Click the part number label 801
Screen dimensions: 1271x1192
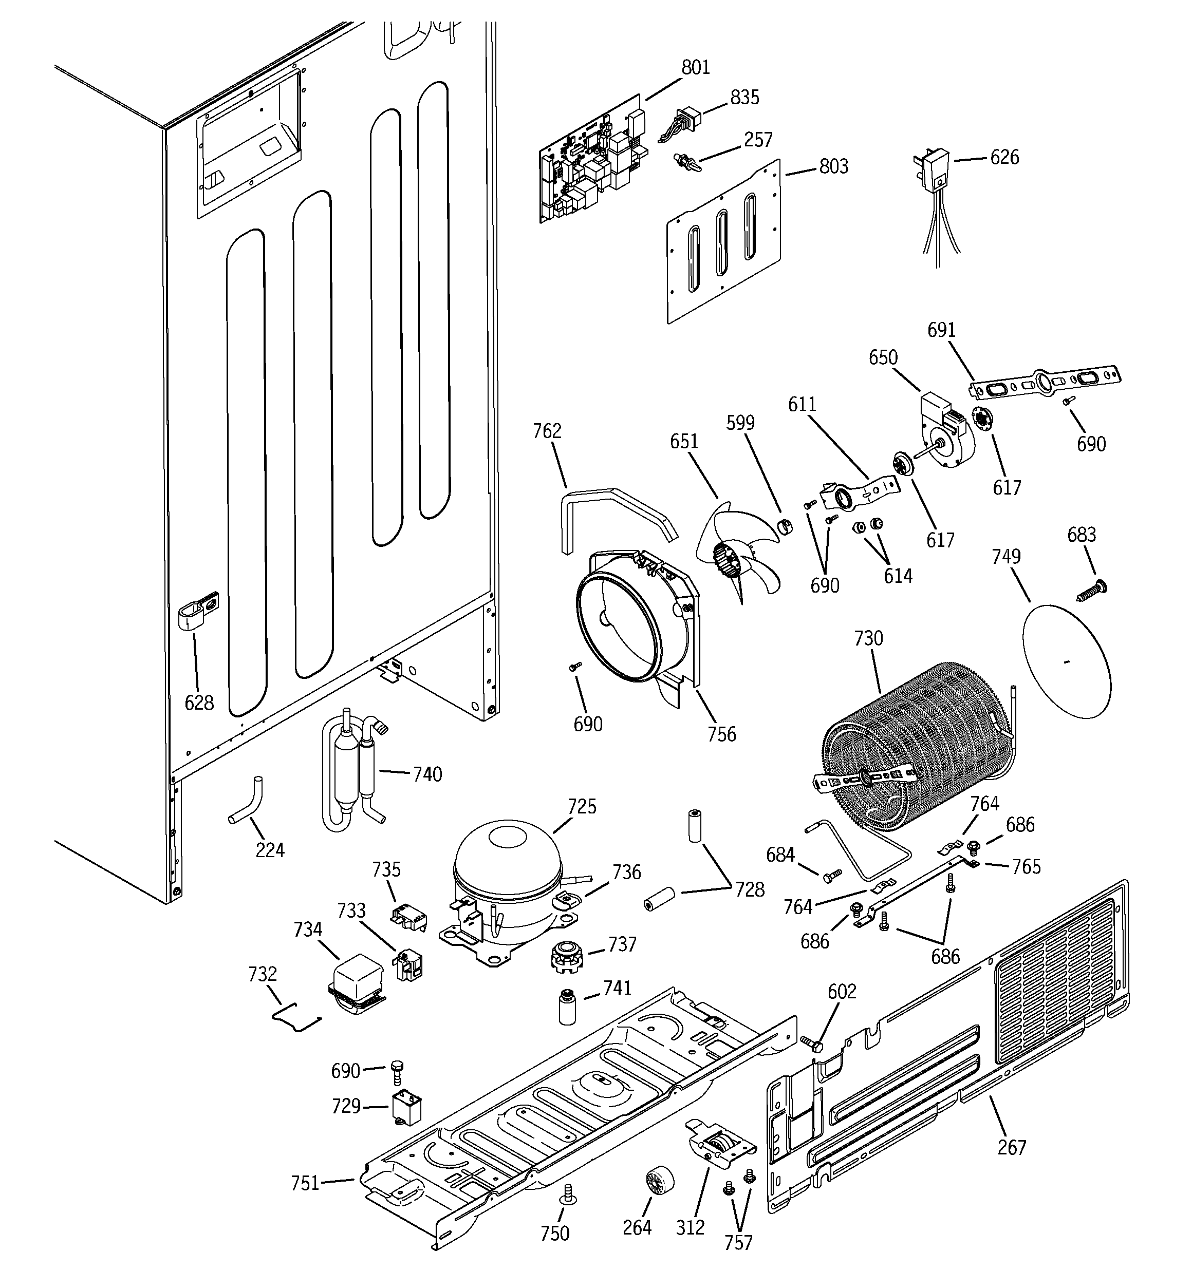click(x=696, y=67)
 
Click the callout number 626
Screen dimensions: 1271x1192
click(x=1004, y=157)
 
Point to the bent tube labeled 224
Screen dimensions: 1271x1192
click(x=248, y=803)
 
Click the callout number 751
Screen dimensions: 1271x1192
click(x=305, y=1183)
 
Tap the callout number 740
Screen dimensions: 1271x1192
click(x=427, y=774)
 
